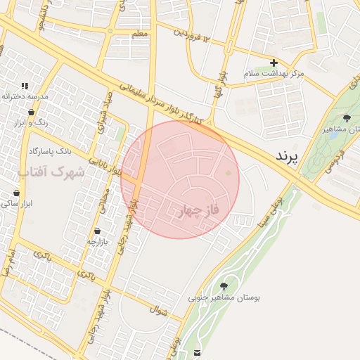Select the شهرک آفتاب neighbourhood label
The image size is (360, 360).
tap(51, 172)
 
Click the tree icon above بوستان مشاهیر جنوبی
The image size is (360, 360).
tap(224, 285)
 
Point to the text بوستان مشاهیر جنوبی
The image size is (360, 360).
tap(224, 298)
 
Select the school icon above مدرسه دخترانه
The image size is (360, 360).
tap(25, 85)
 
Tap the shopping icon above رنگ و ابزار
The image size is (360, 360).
tap(32, 111)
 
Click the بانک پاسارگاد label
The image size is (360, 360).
tap(50, 151)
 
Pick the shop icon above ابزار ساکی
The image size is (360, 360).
tap(16, 193)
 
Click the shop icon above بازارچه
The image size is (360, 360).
tap(96, 231)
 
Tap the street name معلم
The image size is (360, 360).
tap(139, 34)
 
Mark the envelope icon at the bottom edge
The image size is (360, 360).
tap(197, 352)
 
